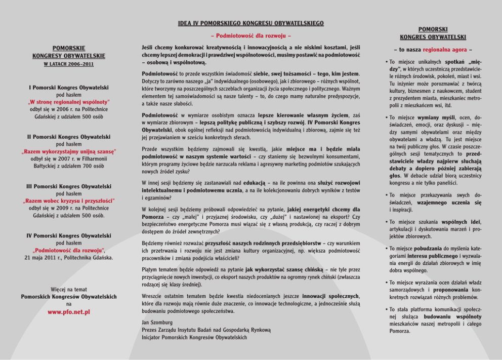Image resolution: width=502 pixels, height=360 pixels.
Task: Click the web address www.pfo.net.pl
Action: click(x=69, y=312)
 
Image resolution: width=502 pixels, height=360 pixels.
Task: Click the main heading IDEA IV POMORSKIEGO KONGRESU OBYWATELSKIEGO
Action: click(x=251, y=23)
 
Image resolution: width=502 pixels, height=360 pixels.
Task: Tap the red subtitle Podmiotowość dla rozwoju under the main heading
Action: click(x=250, y=36)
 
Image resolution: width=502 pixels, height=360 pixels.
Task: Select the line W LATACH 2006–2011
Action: click(x=69, y=64)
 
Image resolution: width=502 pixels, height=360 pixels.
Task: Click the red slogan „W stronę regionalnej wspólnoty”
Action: click(x=69, y=102)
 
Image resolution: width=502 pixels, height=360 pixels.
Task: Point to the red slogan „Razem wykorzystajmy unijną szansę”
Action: click(x=69, y=151)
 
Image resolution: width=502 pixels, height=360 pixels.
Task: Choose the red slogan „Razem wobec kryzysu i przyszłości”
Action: click(x=69, y=201)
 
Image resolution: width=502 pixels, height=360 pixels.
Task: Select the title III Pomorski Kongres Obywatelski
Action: click(x=69, y=187)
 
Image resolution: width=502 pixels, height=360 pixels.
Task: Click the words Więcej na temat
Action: click(x=69, y=290)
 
